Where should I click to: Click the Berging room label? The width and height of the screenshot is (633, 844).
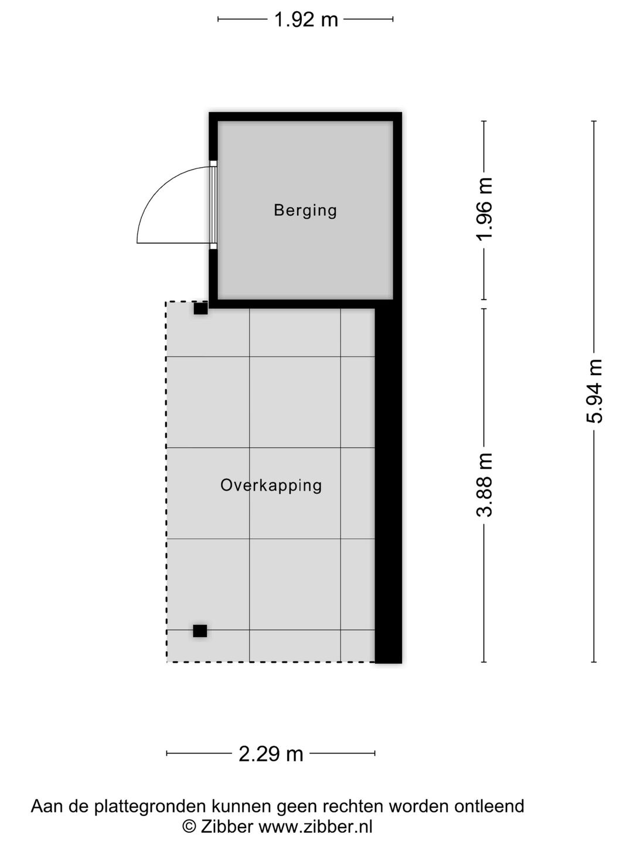pos(305,210)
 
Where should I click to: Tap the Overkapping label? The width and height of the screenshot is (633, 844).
pos(271,485)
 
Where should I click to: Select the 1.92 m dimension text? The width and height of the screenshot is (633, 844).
pos(306,20)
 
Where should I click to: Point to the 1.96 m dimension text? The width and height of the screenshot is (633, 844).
pos(485,209)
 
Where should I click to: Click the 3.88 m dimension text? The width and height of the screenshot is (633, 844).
pos(485,485)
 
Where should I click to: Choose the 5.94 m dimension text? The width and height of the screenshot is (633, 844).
pos(594,391)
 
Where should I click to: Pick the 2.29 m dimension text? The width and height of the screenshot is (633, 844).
pos(271,753)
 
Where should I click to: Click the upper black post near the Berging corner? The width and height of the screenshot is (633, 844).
pos(200,308)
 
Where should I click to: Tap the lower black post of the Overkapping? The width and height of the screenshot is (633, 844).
pos(200,631)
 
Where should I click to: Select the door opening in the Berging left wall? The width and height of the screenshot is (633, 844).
pos(213,205)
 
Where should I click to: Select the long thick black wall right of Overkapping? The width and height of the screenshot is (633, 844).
pos(388,486)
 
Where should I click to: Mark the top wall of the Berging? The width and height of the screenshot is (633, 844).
pos(305,117)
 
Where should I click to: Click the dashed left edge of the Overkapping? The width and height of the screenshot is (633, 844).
pos(166,481)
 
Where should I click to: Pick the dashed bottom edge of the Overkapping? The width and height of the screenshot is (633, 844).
pos(270,662)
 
